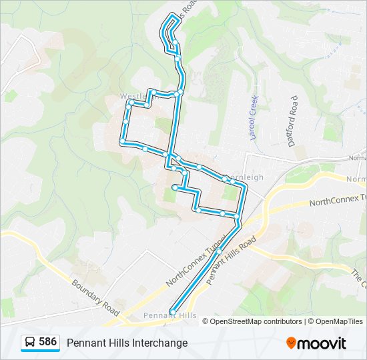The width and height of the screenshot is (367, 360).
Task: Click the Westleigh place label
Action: [x=133, y=97]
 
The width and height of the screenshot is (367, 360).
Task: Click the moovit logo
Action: [x=316, y=343]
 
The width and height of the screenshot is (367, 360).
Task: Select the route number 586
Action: [x=47, y=341]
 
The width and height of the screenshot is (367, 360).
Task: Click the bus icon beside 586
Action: [x=30, y=342]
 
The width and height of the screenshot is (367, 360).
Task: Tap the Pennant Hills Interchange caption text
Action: [x=127, y=343]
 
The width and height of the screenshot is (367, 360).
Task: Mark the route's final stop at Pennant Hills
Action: [x=173, y=311]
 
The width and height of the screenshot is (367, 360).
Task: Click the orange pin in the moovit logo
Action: [x=292, y=343]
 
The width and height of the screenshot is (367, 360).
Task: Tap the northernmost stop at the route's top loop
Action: [x=173, y=16]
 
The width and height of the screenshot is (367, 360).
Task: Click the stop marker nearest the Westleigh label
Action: [x=131, y=103]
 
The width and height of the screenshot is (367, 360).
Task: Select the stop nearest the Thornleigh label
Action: [x=225, y=178]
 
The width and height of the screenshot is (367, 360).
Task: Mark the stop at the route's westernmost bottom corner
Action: [x=122, y=143]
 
